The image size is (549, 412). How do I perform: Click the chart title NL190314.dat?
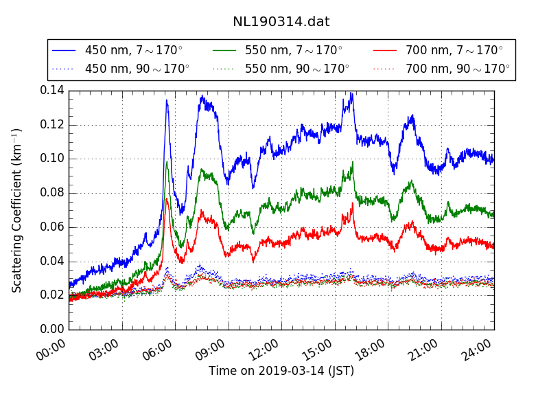tap(281, 22)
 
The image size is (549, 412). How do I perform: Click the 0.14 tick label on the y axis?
tap(51, 91)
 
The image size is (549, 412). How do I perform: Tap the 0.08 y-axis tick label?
tap(51, 193)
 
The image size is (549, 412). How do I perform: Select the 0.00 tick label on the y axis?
tap(51, 330)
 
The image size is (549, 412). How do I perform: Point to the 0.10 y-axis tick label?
tap(51, 159)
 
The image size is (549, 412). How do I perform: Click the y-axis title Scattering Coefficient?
tap(17, 210)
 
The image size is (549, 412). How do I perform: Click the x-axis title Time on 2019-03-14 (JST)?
tap(281, 371)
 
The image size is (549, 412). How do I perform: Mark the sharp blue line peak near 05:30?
tap(167, 100)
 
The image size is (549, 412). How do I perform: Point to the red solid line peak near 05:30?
tap(167, 198)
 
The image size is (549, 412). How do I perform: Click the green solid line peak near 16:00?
tap(353, 163)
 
